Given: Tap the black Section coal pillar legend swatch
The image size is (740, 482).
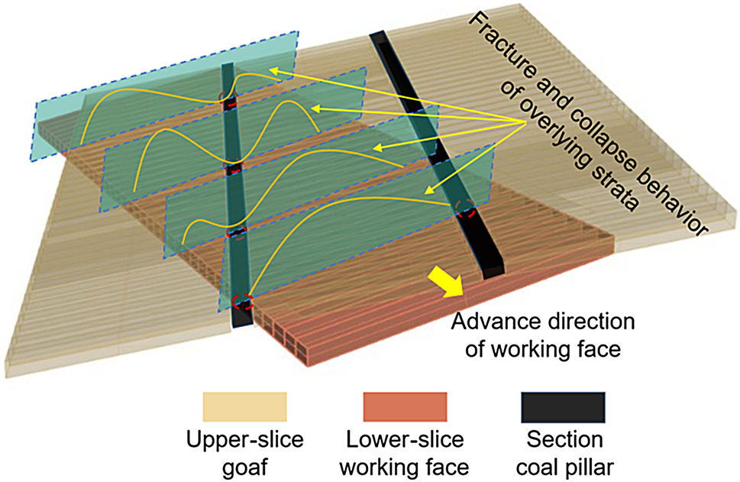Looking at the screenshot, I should pyautogui.click(x=562, y=407).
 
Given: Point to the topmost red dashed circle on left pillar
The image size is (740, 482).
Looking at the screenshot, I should pyautogui.click(x=228, y=99).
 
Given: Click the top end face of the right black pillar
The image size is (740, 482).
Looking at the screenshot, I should pyautogui.click(x=377, y=36).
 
